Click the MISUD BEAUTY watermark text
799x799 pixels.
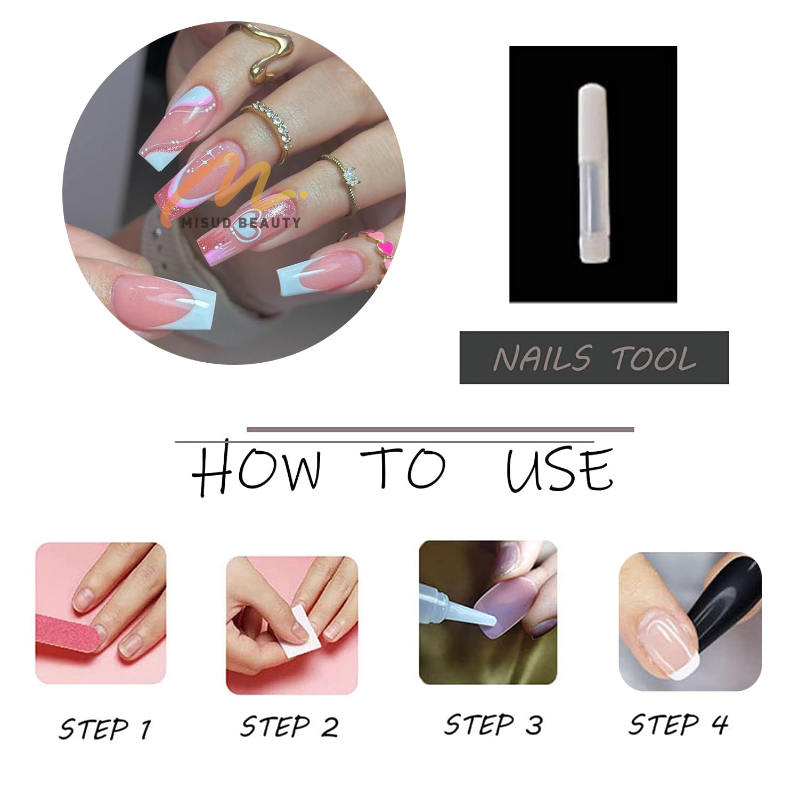[x=241, y=223]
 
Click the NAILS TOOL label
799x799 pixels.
[x=594, y=358]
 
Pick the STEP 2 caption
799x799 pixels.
[x=289, y=727]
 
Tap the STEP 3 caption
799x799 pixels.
[x=493, y=724]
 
